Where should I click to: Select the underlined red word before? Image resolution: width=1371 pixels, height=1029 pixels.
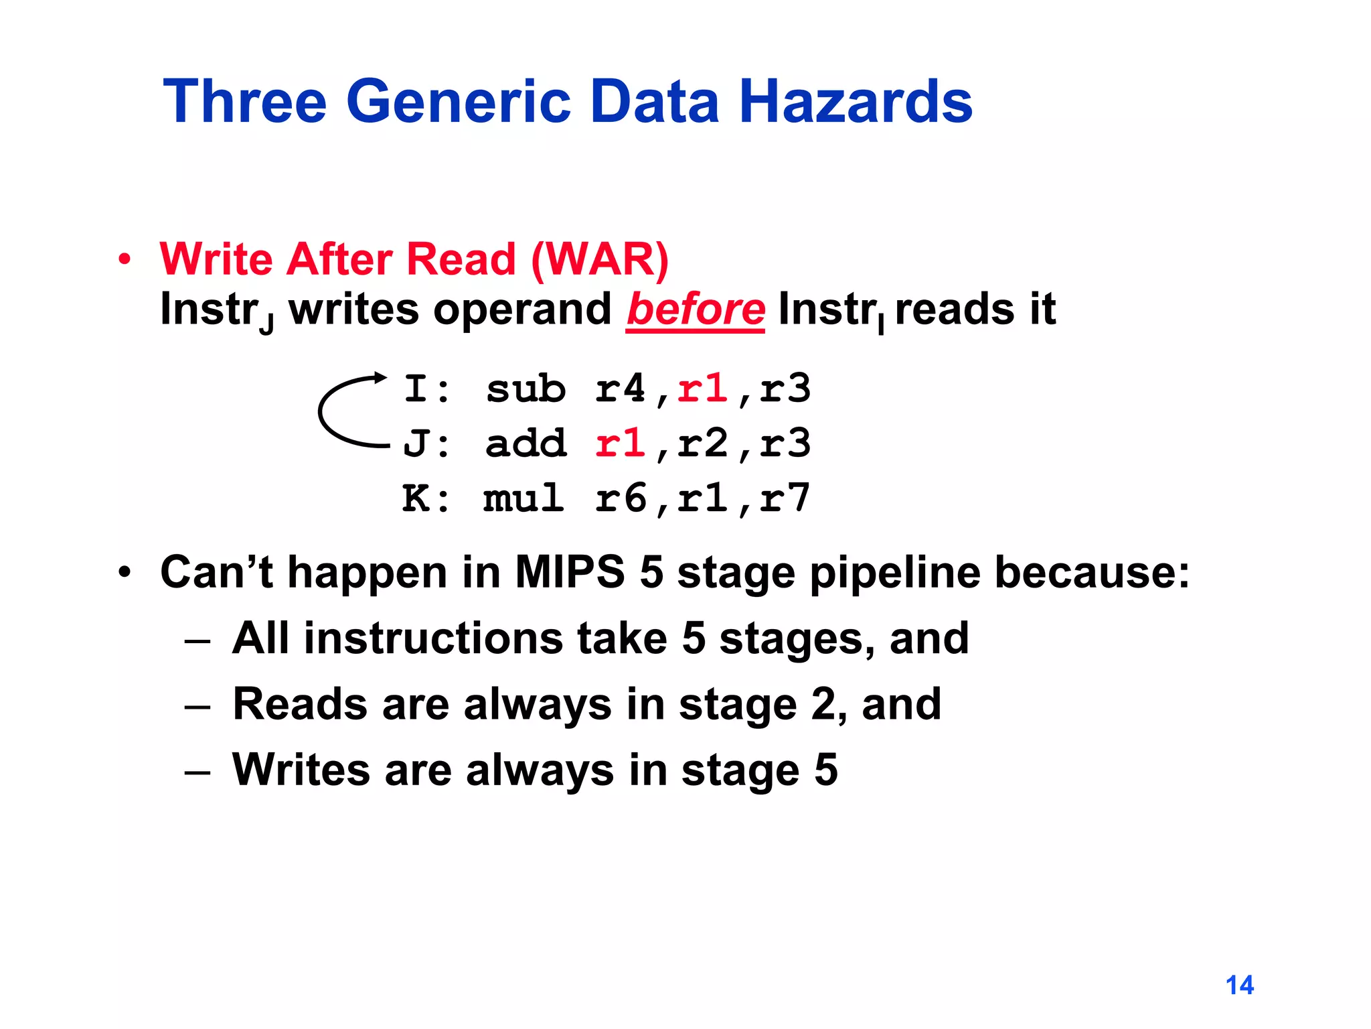696,310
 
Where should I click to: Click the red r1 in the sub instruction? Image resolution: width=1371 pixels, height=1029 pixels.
702,389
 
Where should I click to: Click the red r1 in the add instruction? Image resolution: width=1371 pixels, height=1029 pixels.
620,443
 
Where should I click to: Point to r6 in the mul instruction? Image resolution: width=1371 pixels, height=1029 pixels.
620,498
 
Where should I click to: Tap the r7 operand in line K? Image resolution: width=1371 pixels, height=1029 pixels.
785,498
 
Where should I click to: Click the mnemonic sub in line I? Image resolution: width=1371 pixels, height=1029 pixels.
526,389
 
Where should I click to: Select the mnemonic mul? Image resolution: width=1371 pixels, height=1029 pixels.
523,498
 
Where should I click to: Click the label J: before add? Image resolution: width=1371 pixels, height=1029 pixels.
426,443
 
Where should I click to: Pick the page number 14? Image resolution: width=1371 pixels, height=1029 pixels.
1239,985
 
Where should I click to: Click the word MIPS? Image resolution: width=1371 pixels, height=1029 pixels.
569,573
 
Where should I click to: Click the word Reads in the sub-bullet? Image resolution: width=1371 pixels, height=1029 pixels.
299,704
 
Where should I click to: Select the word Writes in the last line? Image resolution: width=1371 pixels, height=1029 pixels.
301,770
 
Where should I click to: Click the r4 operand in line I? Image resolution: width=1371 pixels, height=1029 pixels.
620,389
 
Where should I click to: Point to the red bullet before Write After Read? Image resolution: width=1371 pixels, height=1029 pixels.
125,260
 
